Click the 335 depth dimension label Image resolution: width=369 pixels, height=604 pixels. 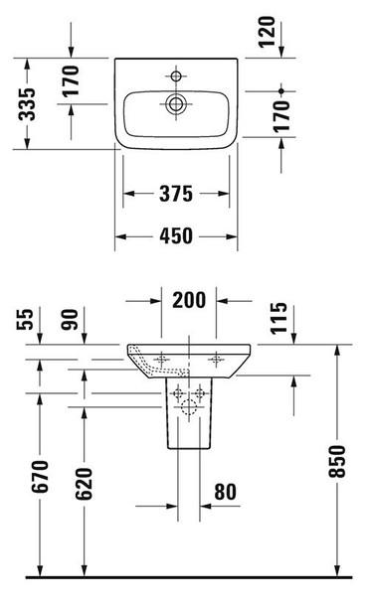point(29,100)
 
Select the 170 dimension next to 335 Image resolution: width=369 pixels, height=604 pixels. point(71,81)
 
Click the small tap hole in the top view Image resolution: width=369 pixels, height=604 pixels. point(177,75)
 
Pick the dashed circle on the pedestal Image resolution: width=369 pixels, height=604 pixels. point(190,406)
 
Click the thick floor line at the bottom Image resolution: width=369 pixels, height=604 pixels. point(184,577)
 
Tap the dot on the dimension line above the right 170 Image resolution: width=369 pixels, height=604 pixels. point(281,90)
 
